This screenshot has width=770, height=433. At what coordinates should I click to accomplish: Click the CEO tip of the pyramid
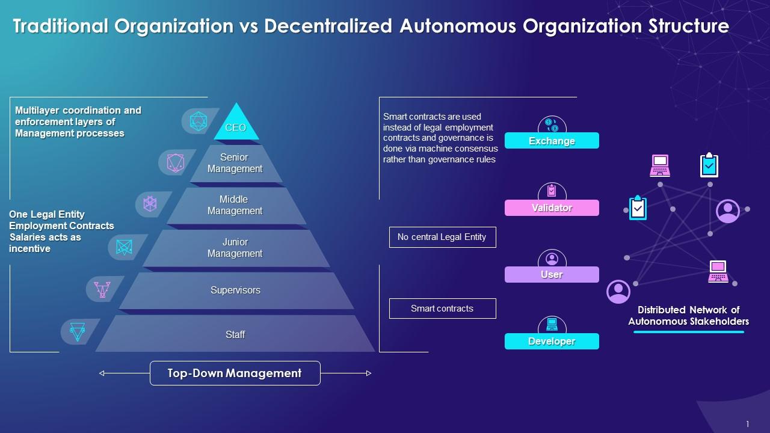click(x=236, y=126)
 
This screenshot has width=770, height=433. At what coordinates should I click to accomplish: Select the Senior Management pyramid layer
click(x=235, y=164)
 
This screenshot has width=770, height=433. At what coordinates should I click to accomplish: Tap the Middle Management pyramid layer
click(x=235, y=206)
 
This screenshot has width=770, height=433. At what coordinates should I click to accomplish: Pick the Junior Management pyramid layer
click(x=235, y=248)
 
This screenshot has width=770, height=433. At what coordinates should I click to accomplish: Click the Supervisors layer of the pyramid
click(x=235, y=290)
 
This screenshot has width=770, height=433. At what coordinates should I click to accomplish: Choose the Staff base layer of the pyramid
click(x=235, y=334)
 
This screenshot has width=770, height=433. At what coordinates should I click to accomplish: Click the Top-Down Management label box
click(x=235, y=373)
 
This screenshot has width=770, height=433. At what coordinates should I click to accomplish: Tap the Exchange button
click(x=552, y=141)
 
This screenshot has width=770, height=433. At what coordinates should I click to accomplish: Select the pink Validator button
click(x=552, y=207)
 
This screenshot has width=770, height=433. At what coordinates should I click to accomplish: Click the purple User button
click(x=552, y=275)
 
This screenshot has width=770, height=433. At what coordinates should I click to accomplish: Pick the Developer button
click(x=552, y=342)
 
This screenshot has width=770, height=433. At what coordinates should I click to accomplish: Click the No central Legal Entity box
click(x=442, y=237)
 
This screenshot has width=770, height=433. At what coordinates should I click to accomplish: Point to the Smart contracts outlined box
click(x=442, y=309)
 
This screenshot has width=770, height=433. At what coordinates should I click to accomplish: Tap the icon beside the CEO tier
click(x=199, y=121)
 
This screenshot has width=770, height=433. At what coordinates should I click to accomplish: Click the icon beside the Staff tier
click(x=78, y=331)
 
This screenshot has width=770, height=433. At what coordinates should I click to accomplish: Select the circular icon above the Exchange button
click(x=552, y=124)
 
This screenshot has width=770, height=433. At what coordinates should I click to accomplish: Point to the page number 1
click(x=748, y=424)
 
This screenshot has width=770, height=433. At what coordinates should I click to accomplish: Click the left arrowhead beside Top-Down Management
click(x=102, y=373)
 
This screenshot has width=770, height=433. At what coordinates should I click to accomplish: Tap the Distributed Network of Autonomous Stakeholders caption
click(x=688, y=316)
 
